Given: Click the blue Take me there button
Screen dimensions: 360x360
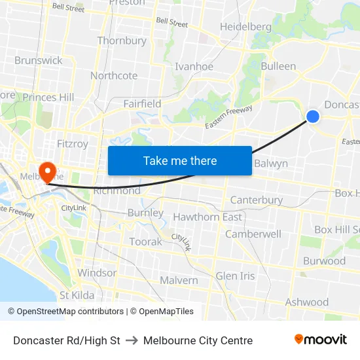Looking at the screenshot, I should (180, 160).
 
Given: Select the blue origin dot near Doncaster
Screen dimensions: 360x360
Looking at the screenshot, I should (313, 117).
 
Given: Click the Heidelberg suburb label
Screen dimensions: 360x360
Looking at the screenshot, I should (245, 27).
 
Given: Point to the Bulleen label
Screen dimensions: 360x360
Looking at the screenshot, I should (278, 66).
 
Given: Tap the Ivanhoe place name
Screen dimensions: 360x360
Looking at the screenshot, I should (194, 66).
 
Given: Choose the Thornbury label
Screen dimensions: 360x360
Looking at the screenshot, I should (122, 41).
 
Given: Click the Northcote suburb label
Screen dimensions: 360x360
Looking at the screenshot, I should (114, 75).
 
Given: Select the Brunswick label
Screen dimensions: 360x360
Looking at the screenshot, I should (39, 60).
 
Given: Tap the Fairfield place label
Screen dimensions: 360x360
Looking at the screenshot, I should (142, 103).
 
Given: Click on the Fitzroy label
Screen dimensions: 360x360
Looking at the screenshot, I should (72, 143).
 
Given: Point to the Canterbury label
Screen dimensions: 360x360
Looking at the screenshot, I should (257, 200).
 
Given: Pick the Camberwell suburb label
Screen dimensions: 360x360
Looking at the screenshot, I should (253, 234).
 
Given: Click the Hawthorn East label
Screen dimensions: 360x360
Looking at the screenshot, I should (207, 217).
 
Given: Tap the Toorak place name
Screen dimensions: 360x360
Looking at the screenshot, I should (145, 242).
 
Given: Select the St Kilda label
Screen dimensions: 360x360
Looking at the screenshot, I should (77, 295).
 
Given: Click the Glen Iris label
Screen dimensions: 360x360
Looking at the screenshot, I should (235, 276).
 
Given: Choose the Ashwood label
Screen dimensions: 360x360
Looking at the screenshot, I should (307, 302).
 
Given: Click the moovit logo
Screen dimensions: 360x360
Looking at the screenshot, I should (320, 340).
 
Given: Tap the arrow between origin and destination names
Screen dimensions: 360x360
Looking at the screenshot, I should (132, 340).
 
